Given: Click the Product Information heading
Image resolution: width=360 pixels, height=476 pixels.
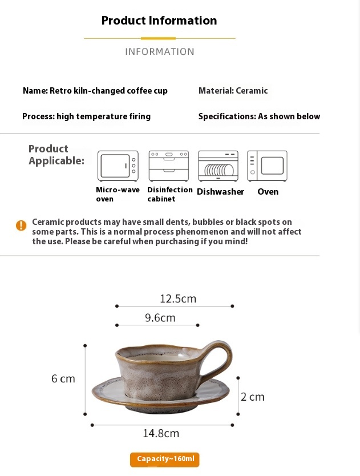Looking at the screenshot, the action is tap(159, 21).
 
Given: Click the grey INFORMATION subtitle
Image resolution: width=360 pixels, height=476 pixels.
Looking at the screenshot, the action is tap(160, 51).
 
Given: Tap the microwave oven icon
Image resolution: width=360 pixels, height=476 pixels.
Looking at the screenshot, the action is tap(118, 166).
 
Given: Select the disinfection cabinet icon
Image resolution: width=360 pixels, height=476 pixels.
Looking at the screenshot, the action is tap(169, 166).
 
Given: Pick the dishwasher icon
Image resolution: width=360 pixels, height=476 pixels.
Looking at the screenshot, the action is tap(219, 166).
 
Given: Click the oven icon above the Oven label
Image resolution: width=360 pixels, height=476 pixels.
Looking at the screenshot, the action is tap(267, 166).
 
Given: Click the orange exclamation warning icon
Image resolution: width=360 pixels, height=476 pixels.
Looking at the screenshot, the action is tap(21, 225).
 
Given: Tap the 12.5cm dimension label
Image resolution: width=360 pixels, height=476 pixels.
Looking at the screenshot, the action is tap(178, 298).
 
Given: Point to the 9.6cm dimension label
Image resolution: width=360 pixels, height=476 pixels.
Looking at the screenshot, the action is tap(160, 318).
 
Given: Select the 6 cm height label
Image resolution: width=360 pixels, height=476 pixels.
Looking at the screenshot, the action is tap(63, 378).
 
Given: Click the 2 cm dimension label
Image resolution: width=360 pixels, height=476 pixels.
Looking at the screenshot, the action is tap(253, 397).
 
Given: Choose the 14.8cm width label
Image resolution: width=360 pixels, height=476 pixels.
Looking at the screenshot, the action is tap(161, 433).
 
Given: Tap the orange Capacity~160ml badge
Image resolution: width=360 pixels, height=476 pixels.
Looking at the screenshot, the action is tap(165, 459).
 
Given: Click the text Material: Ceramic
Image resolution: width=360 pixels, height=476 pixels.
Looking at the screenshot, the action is tap(233, 91).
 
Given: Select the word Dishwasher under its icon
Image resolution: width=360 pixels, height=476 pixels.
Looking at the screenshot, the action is tap(221, 192).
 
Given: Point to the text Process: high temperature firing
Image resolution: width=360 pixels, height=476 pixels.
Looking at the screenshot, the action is tap(87, 116).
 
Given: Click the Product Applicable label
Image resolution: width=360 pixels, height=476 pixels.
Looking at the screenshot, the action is tap(56, 155).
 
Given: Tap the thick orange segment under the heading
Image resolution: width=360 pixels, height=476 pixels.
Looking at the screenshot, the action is tap(158, 39).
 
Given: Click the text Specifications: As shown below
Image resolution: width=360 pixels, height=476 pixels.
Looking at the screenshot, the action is tap(259, 116).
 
